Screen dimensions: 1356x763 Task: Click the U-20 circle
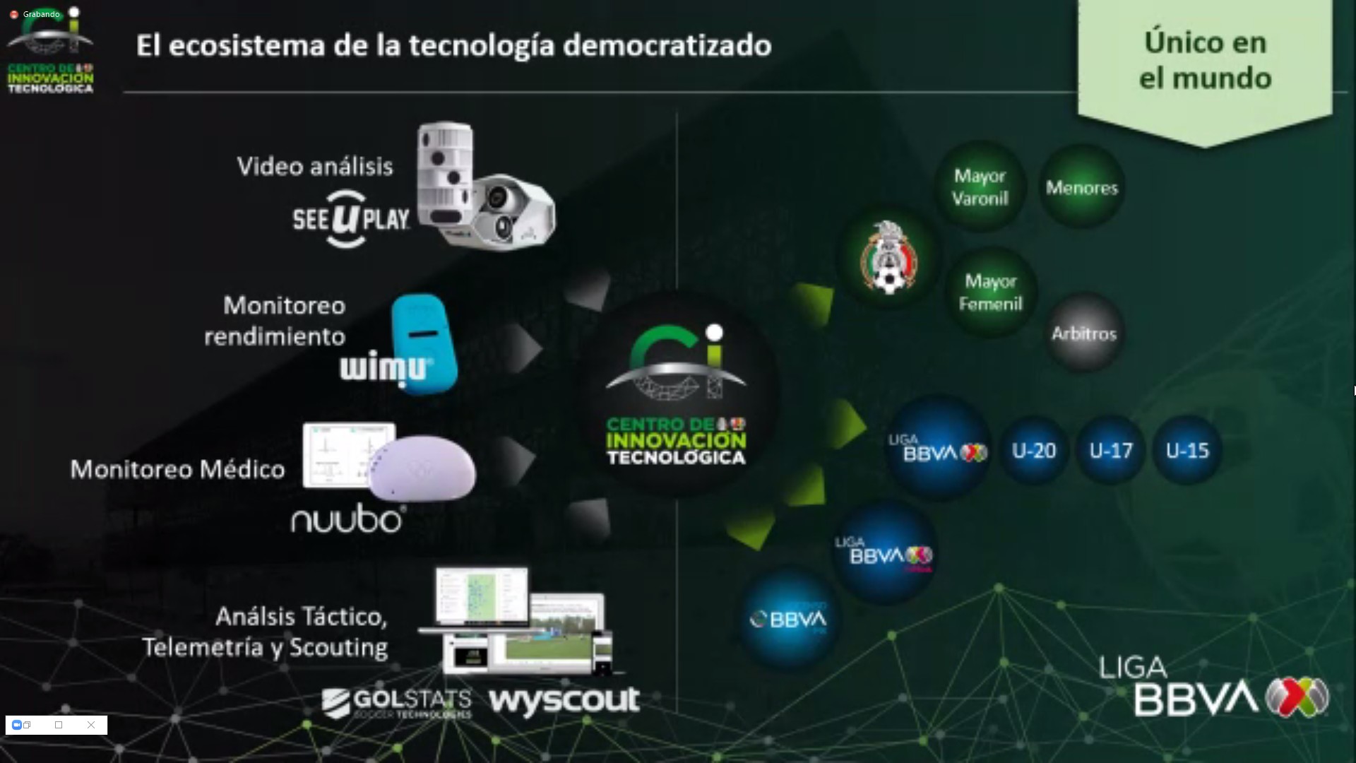click(x=1034, y=451)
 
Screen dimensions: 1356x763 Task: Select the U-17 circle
click(x=1110, y=451)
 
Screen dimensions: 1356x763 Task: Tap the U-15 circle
click(x=1187, y=451)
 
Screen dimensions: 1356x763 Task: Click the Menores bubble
click(x=1082, y=188)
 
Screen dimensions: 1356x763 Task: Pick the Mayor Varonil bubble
click(x=980, y=187)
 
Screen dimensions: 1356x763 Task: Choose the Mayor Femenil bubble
click(x=990, y=292)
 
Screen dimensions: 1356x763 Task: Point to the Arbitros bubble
click(x=1084, y=333)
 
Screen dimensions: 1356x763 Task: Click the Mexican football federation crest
click(x=889, y=258)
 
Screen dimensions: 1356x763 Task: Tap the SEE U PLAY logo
click(x=351, y=219)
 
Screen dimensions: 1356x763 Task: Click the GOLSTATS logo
click(x=396, y=703)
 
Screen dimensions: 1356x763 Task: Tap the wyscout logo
click(x=564, y=701)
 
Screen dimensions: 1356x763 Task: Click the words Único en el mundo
click(x=1205, y=61)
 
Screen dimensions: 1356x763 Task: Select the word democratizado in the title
click(x=667, y=46)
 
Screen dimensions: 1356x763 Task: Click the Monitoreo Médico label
click(x=177, y=470)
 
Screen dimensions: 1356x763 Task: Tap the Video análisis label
click(x=315, y=167)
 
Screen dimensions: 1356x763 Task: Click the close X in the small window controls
click(x=91, y=725)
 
